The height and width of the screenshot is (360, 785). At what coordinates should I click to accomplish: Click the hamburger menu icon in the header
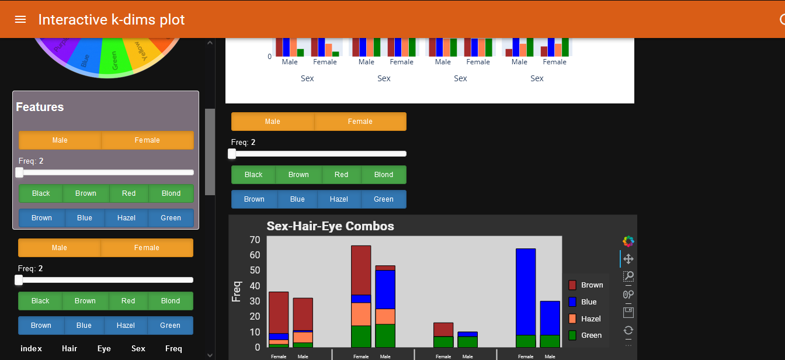pyautogui.click(x=20, y=19)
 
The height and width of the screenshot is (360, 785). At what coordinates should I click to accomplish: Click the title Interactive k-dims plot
pyautogui.click(x=112, y=19)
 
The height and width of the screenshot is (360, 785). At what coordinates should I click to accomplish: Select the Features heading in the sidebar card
pyautogui.click(x=40, y=107)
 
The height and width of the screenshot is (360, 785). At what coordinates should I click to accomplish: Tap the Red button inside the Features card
pyautogui.click(x=129, y=193)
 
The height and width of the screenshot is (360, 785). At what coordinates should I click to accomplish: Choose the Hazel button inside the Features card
pyautogui.click(x=126, y=218)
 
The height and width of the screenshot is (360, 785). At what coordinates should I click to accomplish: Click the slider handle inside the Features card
pyautogui.click(x=19, y=172)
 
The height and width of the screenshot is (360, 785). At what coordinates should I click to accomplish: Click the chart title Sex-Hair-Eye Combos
pyautogui.click(x=330, y=226)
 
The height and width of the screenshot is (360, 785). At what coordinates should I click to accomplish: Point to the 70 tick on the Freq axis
pyautogui.click(x=255, y=240)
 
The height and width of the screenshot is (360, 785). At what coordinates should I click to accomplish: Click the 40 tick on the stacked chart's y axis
pyautogui.click(x=255, y=286)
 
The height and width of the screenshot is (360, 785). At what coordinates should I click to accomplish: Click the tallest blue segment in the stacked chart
pyautogui.click(x=526, y=292)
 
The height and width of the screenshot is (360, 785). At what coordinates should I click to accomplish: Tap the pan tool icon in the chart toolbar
pyautogui.click(x=628, y=259)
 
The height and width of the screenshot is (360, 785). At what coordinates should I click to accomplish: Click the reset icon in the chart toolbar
pyautogui.click(x=628, y=330)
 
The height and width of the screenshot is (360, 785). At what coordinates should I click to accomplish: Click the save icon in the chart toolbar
pyautogui.click(x=628, y=313)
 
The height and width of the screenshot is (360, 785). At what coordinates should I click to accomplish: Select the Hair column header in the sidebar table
pyautogui.click(x=70, y=349)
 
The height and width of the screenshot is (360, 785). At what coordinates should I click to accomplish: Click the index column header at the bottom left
pyautogui.click(x=31, y=349)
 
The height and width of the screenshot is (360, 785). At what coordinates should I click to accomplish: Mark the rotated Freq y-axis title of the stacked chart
pyautogui.click(x=237, y=292)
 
